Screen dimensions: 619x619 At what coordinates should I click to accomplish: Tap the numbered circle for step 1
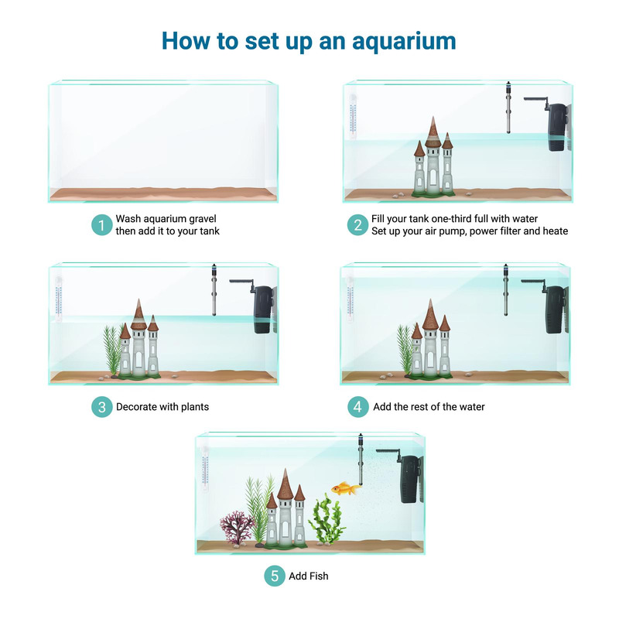(101, 225)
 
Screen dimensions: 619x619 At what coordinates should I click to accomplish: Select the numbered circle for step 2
(357, 225)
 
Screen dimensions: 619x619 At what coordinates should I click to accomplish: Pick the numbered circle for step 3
(101, 407)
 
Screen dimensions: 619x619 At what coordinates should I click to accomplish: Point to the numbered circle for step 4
(357, 407)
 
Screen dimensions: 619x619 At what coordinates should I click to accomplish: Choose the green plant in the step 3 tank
(113, 352)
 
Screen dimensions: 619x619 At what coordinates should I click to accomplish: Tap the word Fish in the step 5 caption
(317, 576)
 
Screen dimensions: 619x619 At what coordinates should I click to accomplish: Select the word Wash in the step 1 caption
(129, 219)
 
